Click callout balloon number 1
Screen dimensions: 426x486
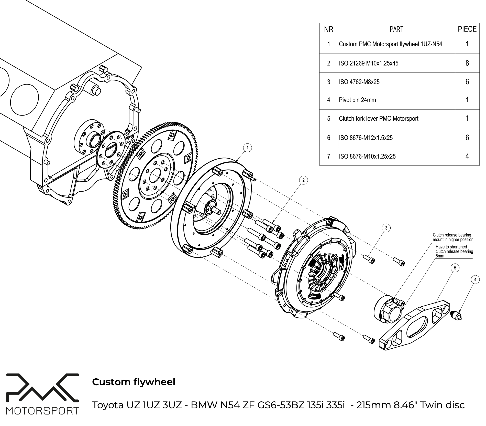pyautogui.click(x=247, y=148)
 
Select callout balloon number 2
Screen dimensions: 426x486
pyautogui.click(x=304, y=180)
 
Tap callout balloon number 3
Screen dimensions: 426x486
pyautogui.click(x=386, y=228)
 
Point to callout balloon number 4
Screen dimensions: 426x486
pyautogui.click(x=475, y=280)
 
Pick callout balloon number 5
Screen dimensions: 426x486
pyautogui.click(x=455, y=268)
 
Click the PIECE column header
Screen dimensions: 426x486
pyautogui.click(x=467, y=29)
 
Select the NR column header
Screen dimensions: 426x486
pyautogui.click(x=329, y=29)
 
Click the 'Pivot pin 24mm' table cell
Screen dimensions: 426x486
pyautogui.click(x=357, y=100)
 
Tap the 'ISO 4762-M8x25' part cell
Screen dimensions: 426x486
pyautogui.click(x=359, y=82)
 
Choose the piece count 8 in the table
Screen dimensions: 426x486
pyautogui.click(x=467, y=63)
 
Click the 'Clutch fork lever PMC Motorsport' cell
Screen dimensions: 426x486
pyautogui.click(x=379, y=119)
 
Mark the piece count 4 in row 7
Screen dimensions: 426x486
pyautogui.click(x=467, y=156)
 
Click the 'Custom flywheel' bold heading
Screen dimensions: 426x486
pyautogui.click(x=134, y=382)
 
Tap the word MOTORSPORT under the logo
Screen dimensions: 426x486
pyautogui.click(x=42, y=411)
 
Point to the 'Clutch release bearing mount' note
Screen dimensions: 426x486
pyautogui.click(x=453, y=237)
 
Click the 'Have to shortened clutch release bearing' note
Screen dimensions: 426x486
pyautogui.click(x=454, y=251)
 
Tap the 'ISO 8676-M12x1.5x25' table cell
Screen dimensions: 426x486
pyautogui.click(x=366, y=138)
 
